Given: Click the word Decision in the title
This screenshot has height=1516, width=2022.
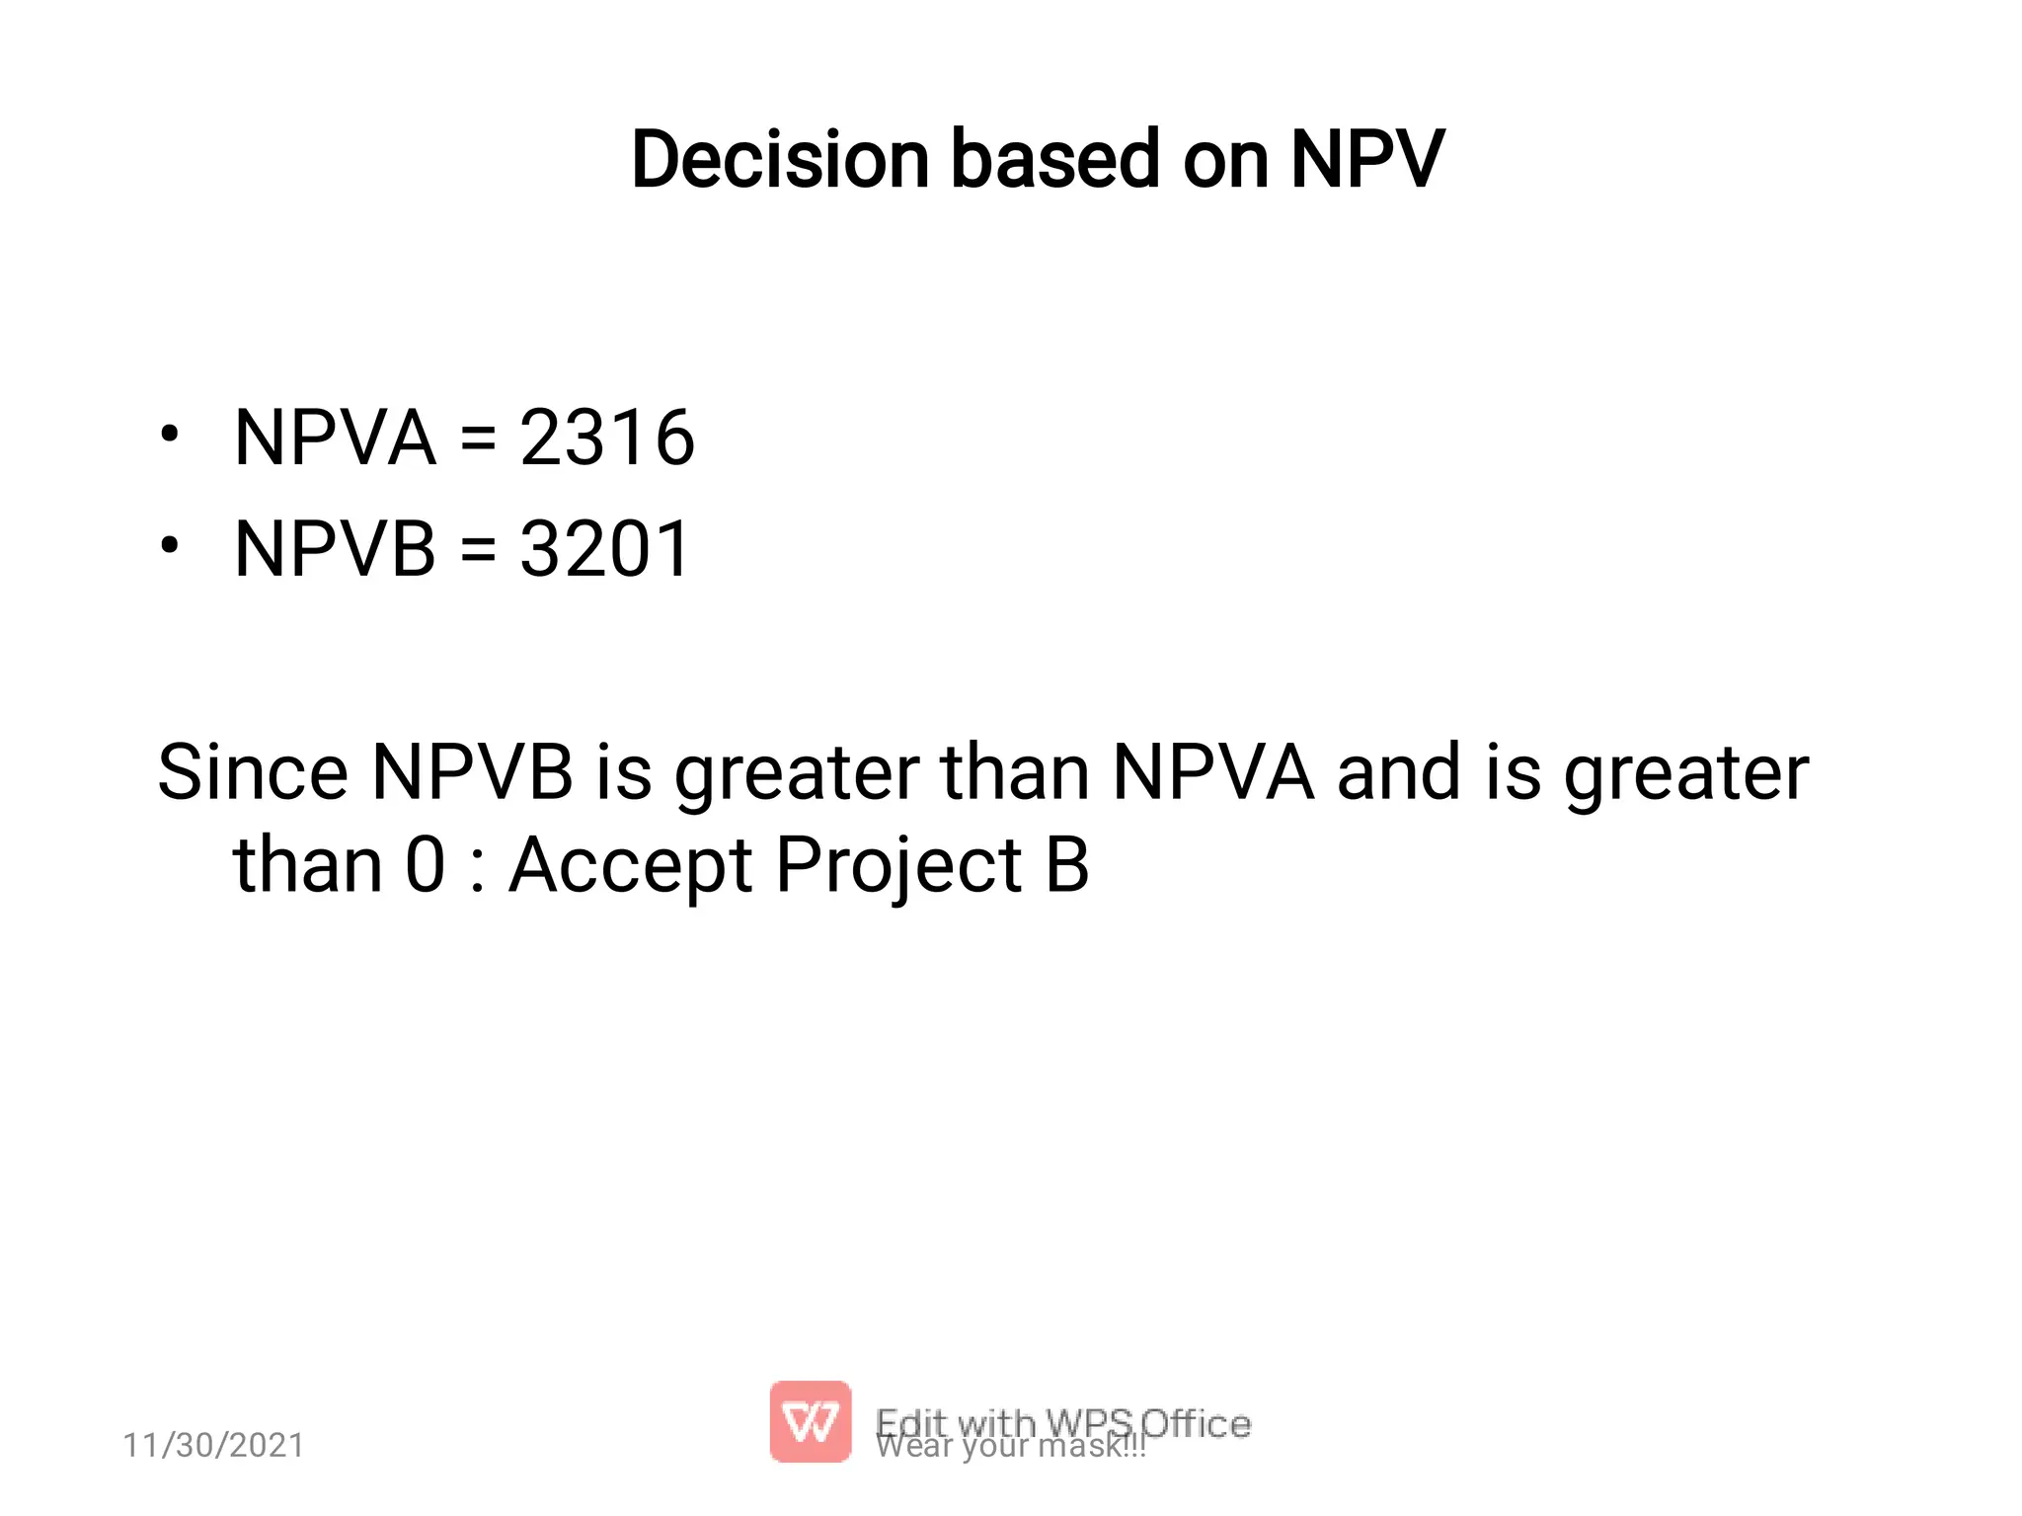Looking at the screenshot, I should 780,160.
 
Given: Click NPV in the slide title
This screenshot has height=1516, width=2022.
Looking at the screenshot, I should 1367,160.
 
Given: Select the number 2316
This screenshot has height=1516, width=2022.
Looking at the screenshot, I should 607,438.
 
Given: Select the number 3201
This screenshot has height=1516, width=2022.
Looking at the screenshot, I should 604,549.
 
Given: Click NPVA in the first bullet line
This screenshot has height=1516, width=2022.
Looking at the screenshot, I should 335,438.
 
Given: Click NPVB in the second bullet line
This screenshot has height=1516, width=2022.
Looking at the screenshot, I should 335,549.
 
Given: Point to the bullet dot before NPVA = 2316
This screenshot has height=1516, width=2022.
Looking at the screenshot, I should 170,434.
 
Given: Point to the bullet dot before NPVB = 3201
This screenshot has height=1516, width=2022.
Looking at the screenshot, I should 170,545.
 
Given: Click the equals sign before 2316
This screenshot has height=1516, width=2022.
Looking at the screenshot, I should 478,439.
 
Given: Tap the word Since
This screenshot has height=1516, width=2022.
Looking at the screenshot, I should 253,772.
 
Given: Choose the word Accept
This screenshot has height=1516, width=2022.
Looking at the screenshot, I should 631,866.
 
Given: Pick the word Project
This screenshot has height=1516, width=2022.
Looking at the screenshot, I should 897,866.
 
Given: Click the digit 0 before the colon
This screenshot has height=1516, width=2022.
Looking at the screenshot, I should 426,866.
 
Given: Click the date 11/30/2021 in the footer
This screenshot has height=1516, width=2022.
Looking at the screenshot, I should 213,1445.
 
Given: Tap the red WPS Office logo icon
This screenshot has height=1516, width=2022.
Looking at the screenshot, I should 810,1421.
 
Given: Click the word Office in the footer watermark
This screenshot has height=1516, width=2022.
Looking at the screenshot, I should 1197,1423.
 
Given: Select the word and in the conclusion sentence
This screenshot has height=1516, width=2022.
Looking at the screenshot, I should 1398,772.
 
